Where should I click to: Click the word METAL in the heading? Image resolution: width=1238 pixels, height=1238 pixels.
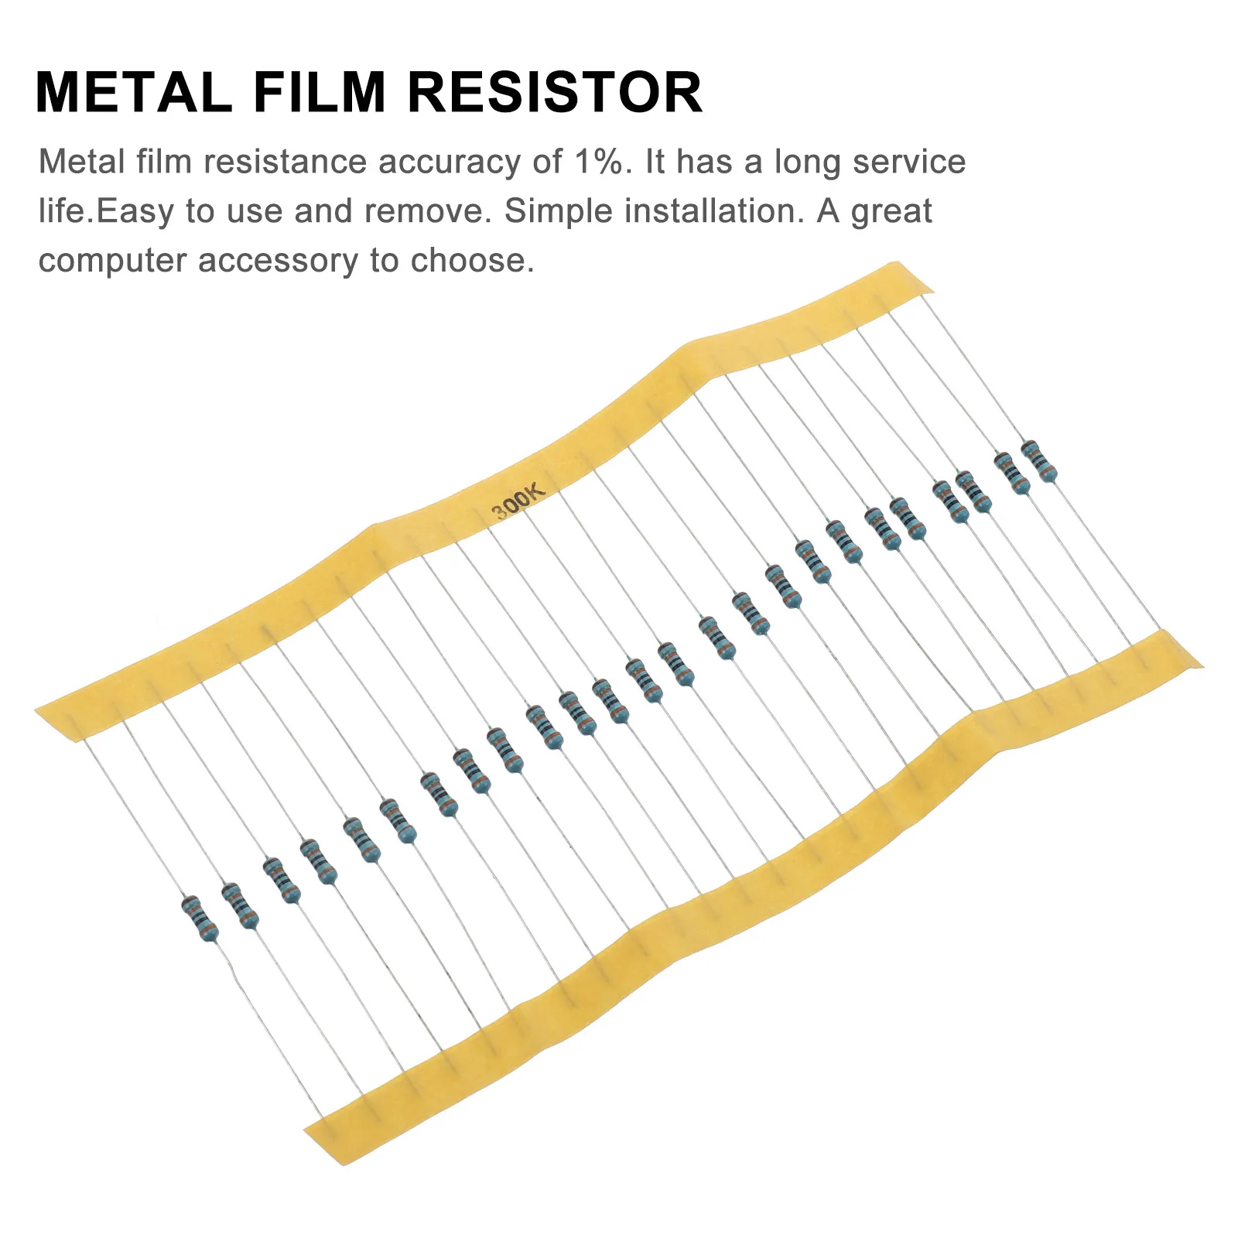click(x=134, y=93)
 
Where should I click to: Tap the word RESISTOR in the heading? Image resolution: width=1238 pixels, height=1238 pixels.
click(x=555, y=93)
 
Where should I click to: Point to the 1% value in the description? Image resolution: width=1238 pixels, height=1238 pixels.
click(x=597, y=162)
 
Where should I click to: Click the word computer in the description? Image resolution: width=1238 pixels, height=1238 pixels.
click(x=113, y=262)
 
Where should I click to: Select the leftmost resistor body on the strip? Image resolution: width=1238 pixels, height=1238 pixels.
click(x=200, y=918)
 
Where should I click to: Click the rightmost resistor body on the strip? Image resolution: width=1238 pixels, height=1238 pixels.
click(x=1039, y=461)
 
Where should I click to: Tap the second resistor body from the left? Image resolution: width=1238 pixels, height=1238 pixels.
click(x=240, y=905)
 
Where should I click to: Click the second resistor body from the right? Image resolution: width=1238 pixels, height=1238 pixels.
click(x=1012, y=474)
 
